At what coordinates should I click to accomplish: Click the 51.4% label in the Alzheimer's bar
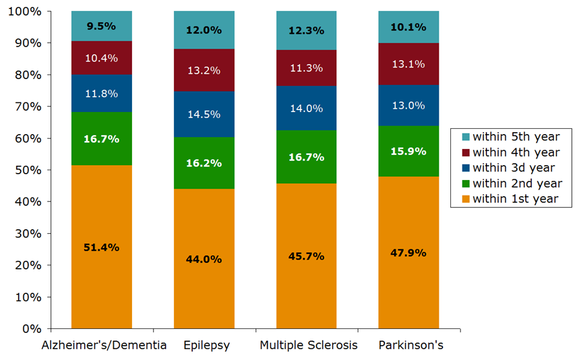coord(102,248)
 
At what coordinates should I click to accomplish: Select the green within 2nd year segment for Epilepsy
coord(204,163)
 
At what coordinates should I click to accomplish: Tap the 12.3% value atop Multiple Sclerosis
coord(306,29)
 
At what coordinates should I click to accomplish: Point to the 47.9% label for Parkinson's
coord(408,253)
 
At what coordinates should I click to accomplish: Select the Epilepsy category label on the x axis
coord(204,345)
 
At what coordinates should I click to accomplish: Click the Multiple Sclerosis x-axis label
coord(308,345)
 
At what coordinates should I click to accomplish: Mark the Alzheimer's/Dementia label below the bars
coord(104,345)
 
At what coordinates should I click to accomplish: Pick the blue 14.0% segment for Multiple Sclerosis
coord(306,108)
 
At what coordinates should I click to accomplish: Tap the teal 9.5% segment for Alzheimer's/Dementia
coord(102,26)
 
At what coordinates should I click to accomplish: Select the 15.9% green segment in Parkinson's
coord(408,152)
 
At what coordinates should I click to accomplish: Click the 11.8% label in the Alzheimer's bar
coord(102,93)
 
